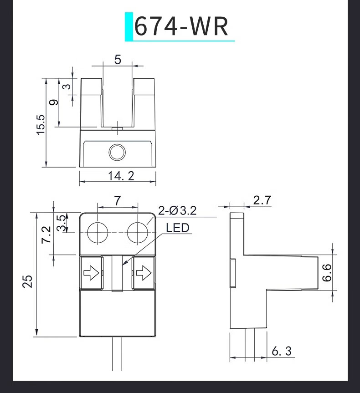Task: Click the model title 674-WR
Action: pyautogui.click(x=181, y=26)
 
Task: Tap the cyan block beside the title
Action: pyautogui.click(x=129, y=26)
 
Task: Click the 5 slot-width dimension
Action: pyautogui.click(x=118, y=60)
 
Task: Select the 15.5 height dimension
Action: pyautogui.click(x=41, y=125)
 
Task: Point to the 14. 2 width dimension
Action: pyautogui.click(x=121, y=176)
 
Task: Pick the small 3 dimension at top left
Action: pyautogui.click(x=67, y=87)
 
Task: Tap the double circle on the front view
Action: pyautogui.click(x=117, y=152)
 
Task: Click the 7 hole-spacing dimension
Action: pyautogui.click(x=118, y=201)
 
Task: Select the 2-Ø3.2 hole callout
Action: pyautogui.click(x=177, y=210)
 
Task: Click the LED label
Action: pyautogui.click(x=178, y=228)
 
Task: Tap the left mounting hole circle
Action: pyautogui.click(x=98, y=233)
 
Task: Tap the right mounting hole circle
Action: pyautogui.click(x=138, y=233)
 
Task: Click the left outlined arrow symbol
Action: pyautogui.click(x=91, y=273)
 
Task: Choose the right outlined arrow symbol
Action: pyautogui.click(x=144, y=273)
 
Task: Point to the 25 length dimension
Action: pyautogui.click(x=28, y=281)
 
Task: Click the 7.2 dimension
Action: pyautogui.click(x=46, y=235)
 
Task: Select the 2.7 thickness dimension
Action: pyautogui.click(x=262, y=200)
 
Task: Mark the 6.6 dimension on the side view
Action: pyautogui.click(x=327, y=273)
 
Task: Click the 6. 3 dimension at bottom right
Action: pyautogui.click(x=282, y=351)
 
